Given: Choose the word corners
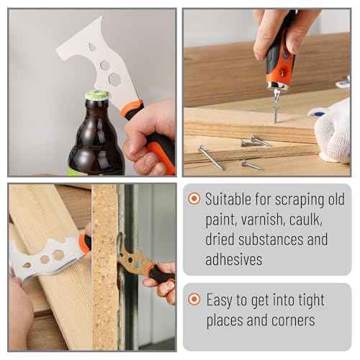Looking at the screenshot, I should [297, 319].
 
